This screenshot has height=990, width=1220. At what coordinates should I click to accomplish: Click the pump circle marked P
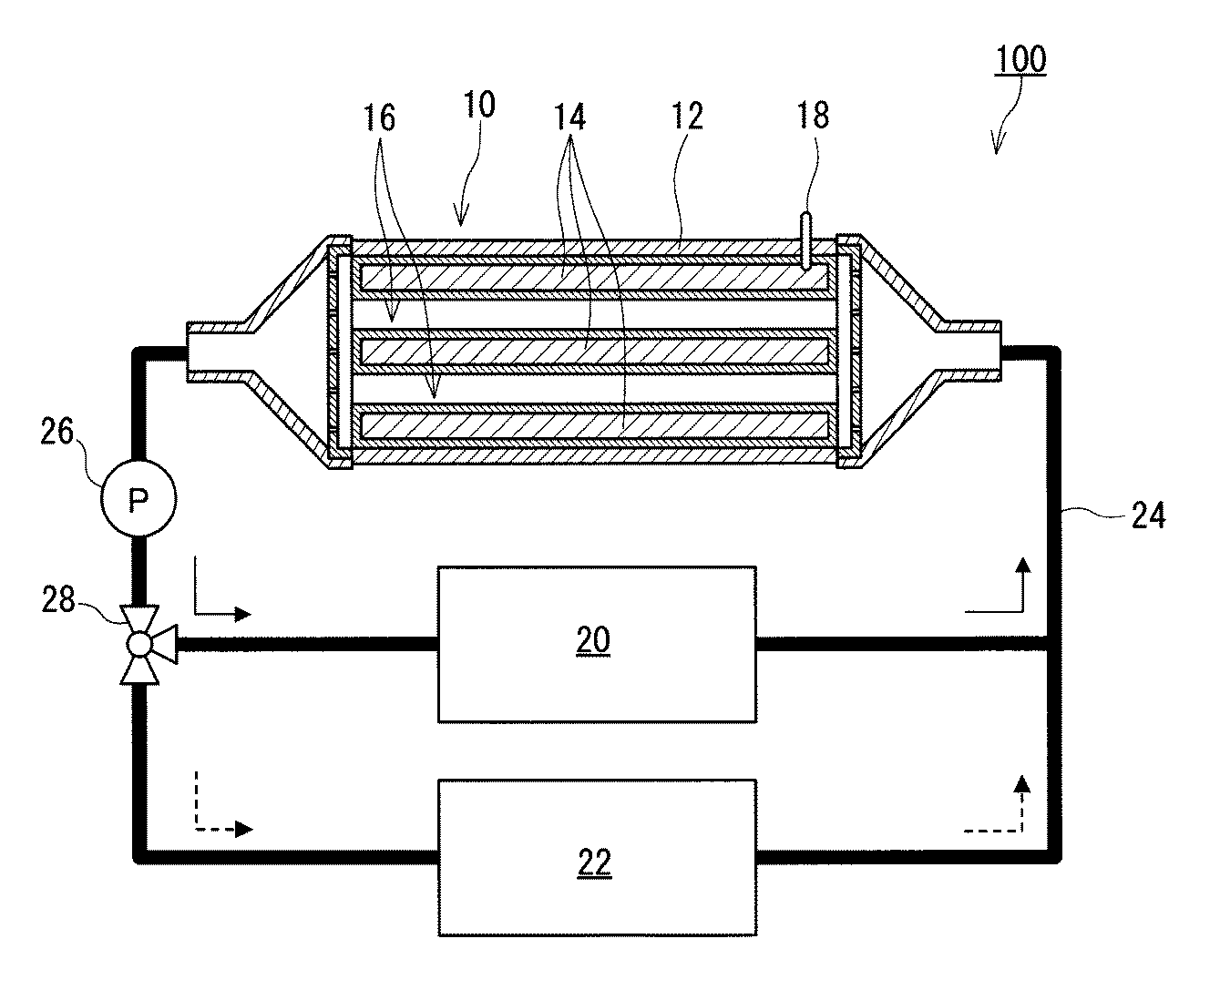[138, 498]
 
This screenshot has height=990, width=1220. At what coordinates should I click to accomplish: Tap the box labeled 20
[597, 644]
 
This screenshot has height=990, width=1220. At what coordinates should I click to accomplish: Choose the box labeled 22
[597, 857]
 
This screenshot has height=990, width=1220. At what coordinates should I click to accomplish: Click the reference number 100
[1020, 59]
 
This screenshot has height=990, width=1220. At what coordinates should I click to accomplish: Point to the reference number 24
[1148, 515]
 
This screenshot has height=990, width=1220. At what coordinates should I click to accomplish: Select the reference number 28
[58, 599]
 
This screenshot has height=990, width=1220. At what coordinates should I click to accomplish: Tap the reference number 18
[813, 115]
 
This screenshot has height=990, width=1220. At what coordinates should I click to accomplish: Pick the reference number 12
[687, 117]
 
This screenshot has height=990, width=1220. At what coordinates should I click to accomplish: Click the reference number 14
[569, 117]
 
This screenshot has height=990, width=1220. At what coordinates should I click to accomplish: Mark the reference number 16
[379, 118]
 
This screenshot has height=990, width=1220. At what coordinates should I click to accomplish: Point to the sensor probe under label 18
[805, 241]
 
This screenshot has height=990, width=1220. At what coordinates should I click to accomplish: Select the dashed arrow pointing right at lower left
[223, 804]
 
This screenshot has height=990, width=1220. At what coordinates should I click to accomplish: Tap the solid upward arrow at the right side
[998, 586]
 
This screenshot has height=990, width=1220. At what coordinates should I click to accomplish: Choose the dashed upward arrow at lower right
[997, 803]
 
